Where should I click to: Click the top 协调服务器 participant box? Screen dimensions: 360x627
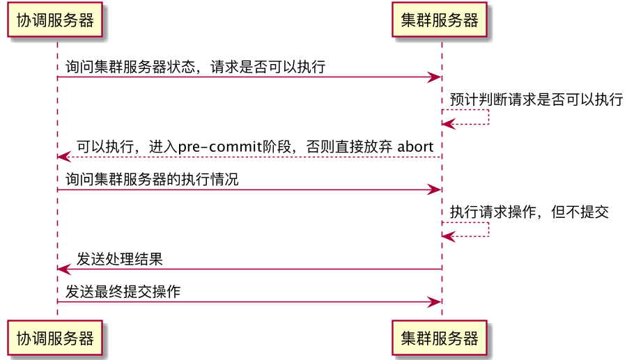pyautogui.click(x=55, y=20)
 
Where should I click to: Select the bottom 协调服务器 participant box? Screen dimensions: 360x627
pyautogui.click(x=55, y=338)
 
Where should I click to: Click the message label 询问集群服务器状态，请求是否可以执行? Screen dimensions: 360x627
pyautogui.click(x=195, y=68)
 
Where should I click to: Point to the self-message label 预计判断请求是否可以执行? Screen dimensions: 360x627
pyautogui.click(x=536, y=100)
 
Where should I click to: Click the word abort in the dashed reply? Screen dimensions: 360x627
pyautogui.click(x=415, y=147)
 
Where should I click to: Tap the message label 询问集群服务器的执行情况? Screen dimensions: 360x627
pyautogui.click(x=152, y=180)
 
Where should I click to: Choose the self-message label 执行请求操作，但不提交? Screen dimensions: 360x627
pyautogui.click(x=529, y=212)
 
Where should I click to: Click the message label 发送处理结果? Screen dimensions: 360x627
pyautogui.click(x=120, y=260)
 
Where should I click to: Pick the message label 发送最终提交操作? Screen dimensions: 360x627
pyautogui.click(x=123, y=292)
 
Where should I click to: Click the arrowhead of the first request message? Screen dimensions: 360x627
pyautogui.click(x=435, y=77)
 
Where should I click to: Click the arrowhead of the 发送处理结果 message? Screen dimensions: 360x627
pyautogui.click(x=63, y=269)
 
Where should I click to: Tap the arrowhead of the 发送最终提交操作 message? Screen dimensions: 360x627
pyautogui.click(x=435, y=302)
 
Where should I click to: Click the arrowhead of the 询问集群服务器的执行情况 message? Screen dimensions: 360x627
pyautogui.click(x=435, y=189)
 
